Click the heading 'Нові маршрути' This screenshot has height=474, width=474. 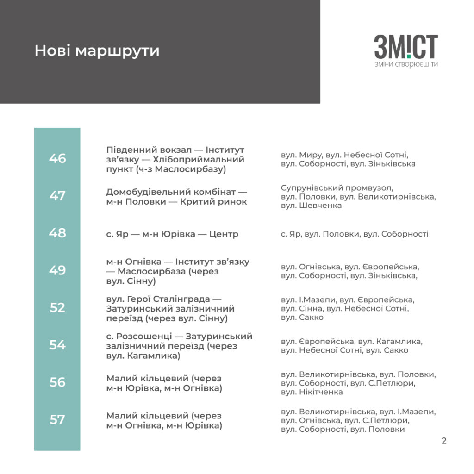point(97,50)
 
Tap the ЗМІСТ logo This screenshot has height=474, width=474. point(406,47)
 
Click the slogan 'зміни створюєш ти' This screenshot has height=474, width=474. point(406,64)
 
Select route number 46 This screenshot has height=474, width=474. point(57,158)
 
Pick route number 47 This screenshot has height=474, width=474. point(57,196)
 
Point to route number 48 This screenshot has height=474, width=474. point(57,233)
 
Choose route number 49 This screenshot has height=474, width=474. point(57,270)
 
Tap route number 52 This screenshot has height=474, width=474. point(57,307)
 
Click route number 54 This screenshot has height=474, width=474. point(57,345)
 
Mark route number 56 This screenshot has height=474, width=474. point(57,382)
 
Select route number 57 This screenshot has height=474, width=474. point(57,419)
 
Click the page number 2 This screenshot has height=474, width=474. point(444,441)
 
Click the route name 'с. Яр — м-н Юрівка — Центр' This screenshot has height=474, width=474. point(172,234)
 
